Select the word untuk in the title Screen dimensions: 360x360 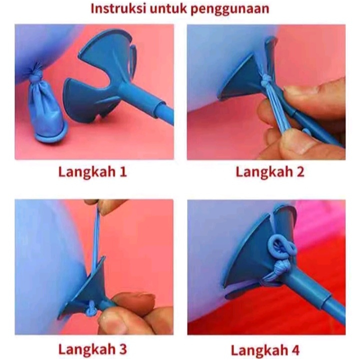(168, 8)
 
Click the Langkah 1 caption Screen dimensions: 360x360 (92, 171)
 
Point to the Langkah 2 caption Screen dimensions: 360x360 (270, 171)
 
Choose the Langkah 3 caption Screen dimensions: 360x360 (92, 349)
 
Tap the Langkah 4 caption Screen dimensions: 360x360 (265, 350)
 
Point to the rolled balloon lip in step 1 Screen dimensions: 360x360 (51, 134)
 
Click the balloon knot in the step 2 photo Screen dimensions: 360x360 (267, 81)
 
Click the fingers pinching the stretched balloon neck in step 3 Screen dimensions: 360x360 (104, 205)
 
